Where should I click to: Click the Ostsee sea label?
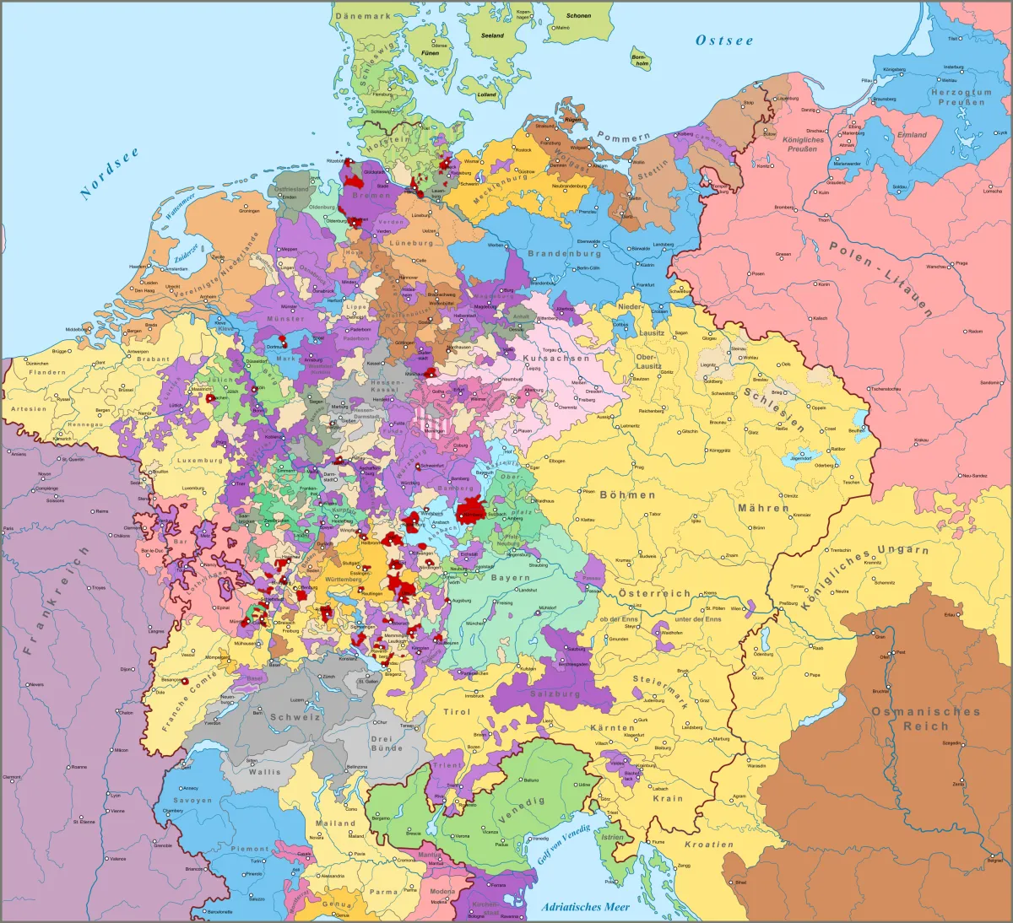(724, 40)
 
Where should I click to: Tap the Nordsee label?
(109, 173)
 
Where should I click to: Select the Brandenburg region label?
(564, 253)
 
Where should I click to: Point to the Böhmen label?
(627, 495)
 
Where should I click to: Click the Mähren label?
(763, 508)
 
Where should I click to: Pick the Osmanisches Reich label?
(925, 719)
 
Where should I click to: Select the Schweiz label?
(295, 717)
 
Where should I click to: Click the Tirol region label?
(457, 712)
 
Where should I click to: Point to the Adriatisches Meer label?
(586, 907)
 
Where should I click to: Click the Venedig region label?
(522, 811)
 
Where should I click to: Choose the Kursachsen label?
(556, 358)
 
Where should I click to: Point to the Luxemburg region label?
(200, 461)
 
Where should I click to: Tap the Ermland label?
(912, 134)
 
